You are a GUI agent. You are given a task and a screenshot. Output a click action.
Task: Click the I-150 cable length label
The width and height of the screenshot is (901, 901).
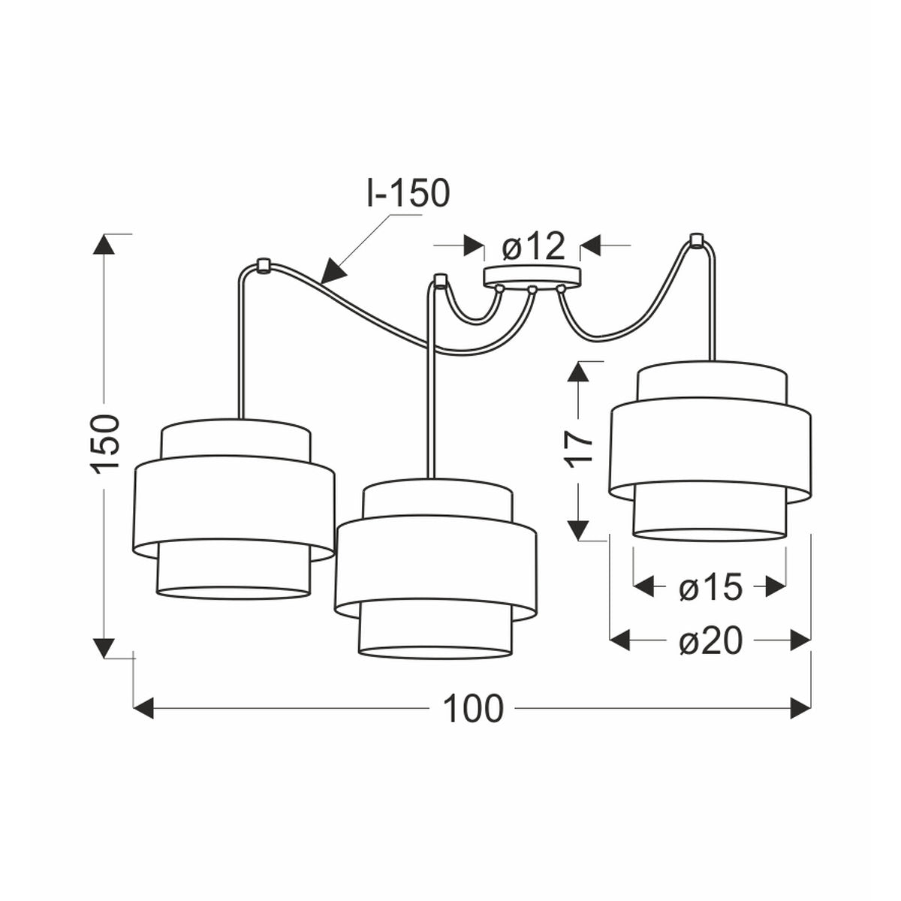pyautogui.click(x=408, y=193)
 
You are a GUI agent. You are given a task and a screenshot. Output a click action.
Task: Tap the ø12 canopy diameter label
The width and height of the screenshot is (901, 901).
pyautogui.click(x=532, y=246)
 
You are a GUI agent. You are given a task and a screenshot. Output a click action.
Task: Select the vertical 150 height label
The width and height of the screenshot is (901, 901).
pyautogui.click(x=106, y=443)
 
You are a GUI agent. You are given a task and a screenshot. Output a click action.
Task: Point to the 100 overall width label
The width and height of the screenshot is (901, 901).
pyautogui.click(x=472, y=709)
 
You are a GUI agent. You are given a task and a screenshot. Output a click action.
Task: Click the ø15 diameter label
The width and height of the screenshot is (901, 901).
pyautogui.click(x=710, y=587)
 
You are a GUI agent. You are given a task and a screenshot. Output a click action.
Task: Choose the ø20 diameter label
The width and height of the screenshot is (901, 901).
pyautogui.click(x=710, y=640)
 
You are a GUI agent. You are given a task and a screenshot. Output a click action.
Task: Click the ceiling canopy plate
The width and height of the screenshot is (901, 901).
pyautogui.click(x=532, y=276)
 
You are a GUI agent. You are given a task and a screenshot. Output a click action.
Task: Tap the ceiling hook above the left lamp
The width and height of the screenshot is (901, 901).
pyautogui.click(x=263, y=266)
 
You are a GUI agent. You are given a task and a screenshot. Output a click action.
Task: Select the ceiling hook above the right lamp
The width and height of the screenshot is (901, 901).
pyautogui.click(x=696, y=240)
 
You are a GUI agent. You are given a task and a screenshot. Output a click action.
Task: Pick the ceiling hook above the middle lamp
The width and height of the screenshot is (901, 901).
pyautogui.click(x=440, y=281)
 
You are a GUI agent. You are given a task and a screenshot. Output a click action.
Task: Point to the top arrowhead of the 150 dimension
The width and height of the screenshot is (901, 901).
pyautogui.click(x=104, y=244)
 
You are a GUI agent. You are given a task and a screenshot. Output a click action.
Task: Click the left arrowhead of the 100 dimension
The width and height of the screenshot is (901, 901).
pyautogui.click(x=144, y=708)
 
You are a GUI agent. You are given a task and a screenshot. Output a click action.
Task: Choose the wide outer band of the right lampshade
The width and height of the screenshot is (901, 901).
pyautogui.click(x=710, y=448)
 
